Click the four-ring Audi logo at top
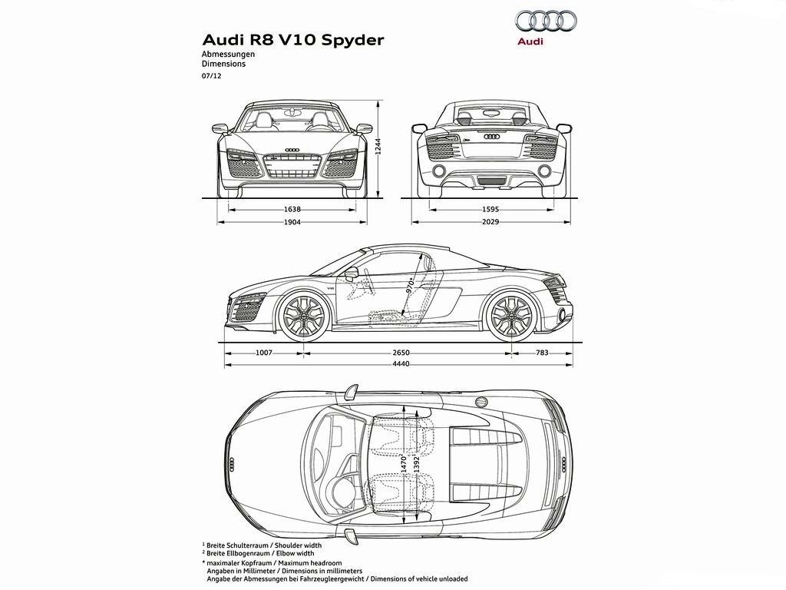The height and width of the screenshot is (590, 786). point(546,21)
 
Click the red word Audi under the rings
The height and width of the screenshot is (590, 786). point(530,41)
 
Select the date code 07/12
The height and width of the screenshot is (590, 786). point(211,76)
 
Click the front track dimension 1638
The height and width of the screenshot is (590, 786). point(292,209)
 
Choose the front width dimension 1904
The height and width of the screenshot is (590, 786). point(292,222)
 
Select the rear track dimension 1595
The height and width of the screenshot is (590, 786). point(490,209)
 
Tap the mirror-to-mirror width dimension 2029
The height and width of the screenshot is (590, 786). point(490,221)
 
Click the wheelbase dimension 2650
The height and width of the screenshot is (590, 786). point(401,353)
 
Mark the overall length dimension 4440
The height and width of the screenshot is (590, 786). point(401,363)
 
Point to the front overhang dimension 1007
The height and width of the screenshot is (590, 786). point(264,353)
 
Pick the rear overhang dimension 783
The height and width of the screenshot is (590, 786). point(542,353)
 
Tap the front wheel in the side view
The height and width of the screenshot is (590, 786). point(304,315)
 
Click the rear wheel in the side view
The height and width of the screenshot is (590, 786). point(512,315)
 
